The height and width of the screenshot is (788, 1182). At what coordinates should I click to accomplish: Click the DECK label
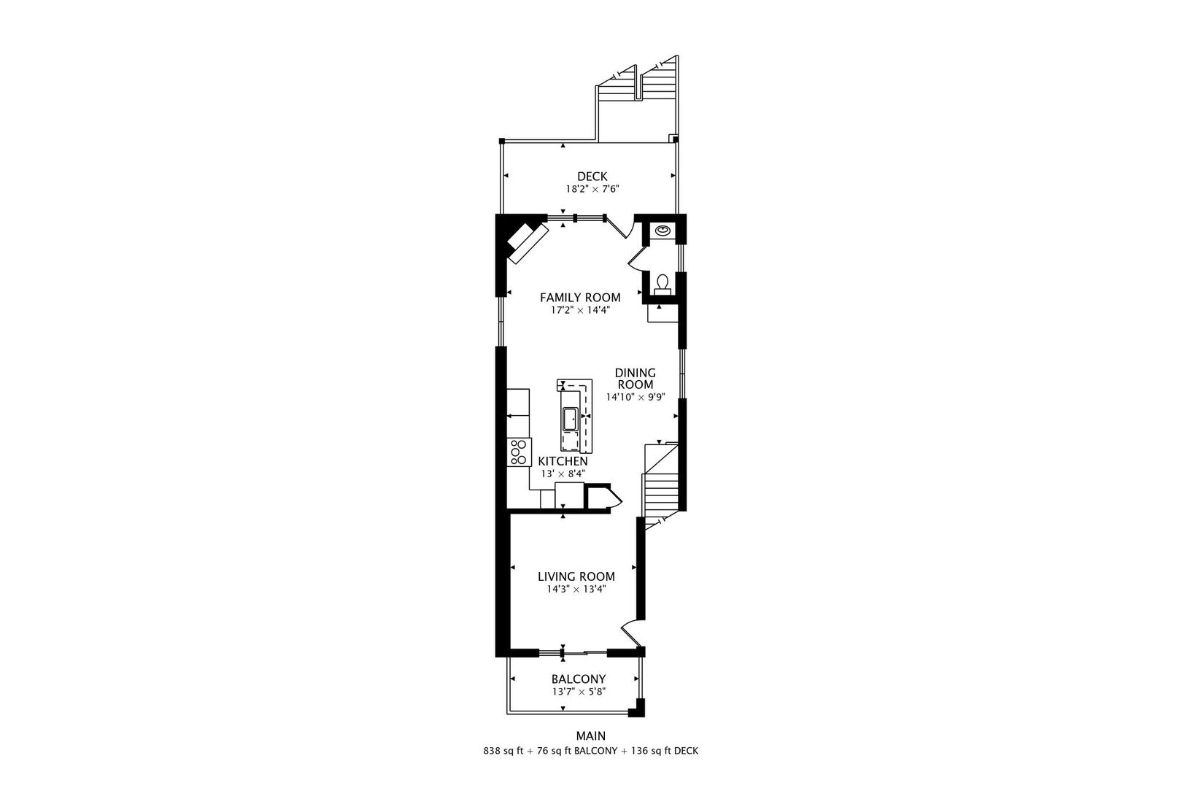click(592, 176)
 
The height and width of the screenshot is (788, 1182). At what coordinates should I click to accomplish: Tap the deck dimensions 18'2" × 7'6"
click(592, 189)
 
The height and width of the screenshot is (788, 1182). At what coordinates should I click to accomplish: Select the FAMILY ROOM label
click(580, 297)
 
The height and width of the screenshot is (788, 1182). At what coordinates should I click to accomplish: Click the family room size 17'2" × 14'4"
click(580, 310)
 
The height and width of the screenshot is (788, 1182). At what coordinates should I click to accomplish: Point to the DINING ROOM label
click(635, 378)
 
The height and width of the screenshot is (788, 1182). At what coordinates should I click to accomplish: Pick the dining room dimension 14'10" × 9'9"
click(635, 398)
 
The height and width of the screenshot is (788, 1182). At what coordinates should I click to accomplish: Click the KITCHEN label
click(563, 461)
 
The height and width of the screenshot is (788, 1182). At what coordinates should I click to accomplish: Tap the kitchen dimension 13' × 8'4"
click(563, 474)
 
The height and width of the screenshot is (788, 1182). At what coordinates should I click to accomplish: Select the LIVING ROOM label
click(576, 576)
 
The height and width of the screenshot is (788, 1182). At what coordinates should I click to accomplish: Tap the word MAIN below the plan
click(591, 736)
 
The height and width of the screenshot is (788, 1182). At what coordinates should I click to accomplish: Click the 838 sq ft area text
click(503, 750)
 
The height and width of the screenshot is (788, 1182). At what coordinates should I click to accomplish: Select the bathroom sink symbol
click(663, 231)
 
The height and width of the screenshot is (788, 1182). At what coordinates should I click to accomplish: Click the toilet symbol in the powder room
click(663, 282)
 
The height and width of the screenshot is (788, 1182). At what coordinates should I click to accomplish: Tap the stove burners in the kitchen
click(519, 452)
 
